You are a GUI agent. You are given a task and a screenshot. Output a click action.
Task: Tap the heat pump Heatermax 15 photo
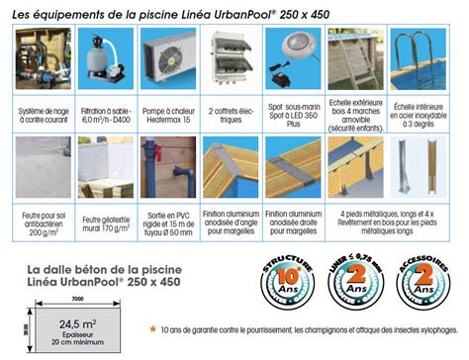pos(168,57)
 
